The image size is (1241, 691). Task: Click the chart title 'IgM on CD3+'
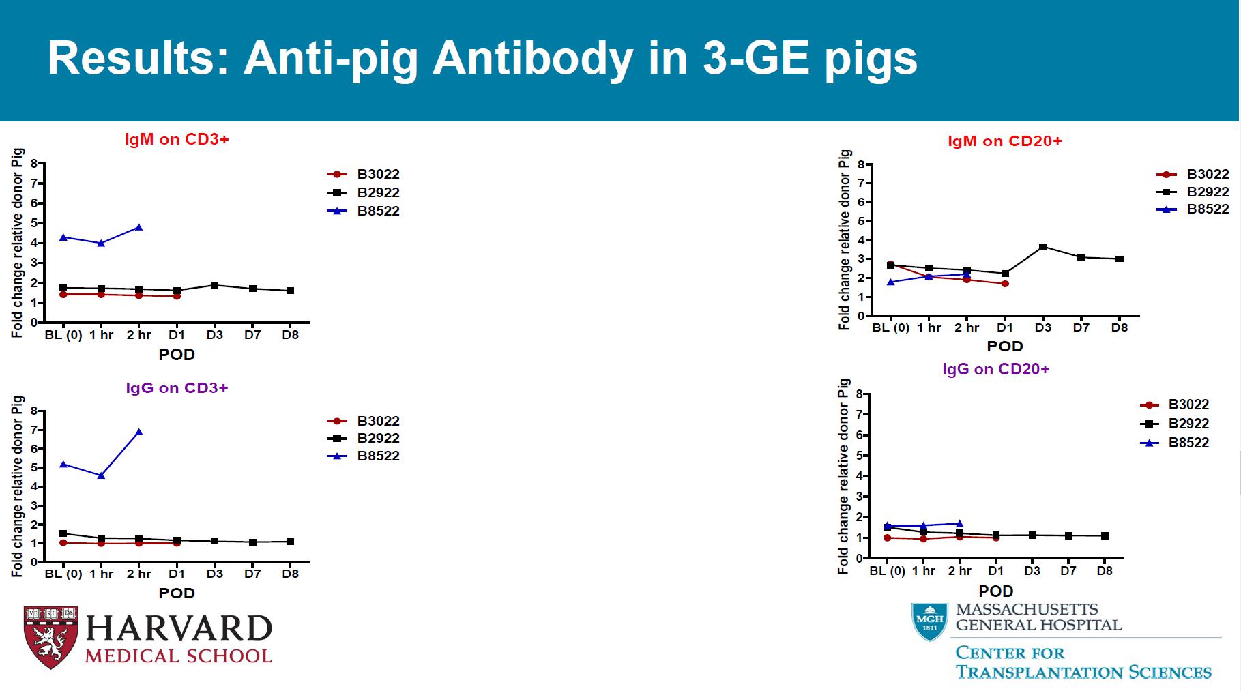(x=177, y=139)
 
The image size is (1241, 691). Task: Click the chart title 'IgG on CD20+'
(x=995, y=369)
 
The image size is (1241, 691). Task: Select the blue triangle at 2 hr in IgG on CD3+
(x=139, y=432)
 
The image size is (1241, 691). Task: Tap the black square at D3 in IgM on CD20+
(x=1043, y=247)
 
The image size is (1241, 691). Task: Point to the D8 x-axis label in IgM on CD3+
(x=291, y=335)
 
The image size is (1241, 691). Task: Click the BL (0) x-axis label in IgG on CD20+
(x=887, y=570)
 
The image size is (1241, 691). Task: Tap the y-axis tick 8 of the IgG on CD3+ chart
(x=33, y=412)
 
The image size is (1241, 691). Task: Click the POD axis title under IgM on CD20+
(x=1005, y=347)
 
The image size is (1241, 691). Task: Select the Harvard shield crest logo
(x=51, y=636)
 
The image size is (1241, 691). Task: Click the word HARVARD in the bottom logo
(x=179, y=628)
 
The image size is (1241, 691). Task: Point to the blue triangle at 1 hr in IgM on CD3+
(x=101, y=243)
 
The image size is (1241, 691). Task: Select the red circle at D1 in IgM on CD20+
(x=1005, y=283)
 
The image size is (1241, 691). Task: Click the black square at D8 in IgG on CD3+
(x=291, y=542)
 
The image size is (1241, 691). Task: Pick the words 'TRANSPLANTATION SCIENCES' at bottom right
(x=1083, y=672)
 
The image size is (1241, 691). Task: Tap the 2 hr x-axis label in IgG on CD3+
(x=139, y=574)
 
